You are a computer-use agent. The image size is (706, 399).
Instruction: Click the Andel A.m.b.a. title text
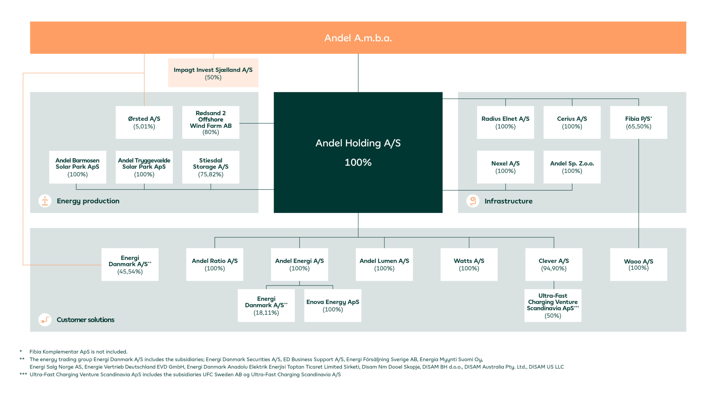pos(358,38)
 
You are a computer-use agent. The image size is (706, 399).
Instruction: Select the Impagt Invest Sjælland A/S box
pos(213,73)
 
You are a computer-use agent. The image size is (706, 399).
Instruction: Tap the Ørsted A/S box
pos(144,123)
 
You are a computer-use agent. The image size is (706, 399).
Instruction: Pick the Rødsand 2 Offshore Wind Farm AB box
pos(211,123)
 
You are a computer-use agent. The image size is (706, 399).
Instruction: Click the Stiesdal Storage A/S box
pos(211,167)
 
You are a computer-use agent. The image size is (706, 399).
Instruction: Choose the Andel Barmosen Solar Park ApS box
pos(77,167)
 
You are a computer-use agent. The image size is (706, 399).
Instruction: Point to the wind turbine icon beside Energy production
pos(45,201)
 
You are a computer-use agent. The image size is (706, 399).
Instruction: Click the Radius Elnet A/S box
pos(506,123)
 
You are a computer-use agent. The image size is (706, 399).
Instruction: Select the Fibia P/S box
pos(639,123)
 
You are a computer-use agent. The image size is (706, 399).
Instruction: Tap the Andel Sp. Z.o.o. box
pos(572,167)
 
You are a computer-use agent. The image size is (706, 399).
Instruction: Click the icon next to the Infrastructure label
pos(473,201)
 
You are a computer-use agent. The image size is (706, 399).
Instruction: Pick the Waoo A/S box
pos(639,265)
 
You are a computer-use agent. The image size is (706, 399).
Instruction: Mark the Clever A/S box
pos(554,265)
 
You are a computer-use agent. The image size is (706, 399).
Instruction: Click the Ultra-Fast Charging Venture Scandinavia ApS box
pos(553,305)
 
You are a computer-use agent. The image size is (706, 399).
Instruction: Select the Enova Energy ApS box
pos(333,305)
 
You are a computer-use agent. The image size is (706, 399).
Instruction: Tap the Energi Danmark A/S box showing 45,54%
pos(130,265)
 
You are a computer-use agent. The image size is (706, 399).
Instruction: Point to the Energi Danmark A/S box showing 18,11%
pos(266,305)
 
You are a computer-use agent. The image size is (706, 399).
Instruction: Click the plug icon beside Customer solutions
pos(45,320)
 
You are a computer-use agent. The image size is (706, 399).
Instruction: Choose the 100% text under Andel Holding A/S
pos(358,163)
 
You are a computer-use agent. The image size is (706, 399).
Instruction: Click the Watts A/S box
pos(469,265)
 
